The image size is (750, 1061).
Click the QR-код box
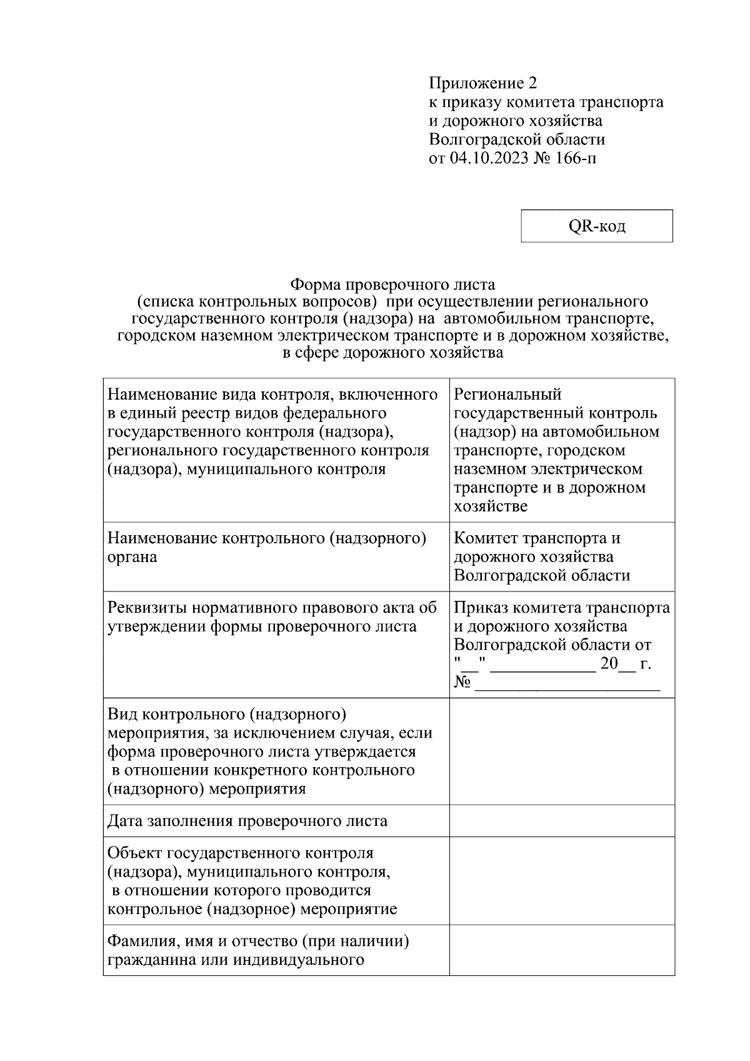pyautogui.click(x=596, y=226)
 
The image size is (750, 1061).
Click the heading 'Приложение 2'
pyautogui.click(x=482, y=83)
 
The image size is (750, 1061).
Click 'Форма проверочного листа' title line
pyautogui.click(x=392, y=285)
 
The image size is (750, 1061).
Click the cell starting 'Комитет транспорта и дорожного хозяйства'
pyautogui.click(x=561, y=556)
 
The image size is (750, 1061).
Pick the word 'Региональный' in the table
pyautogui.click(x=507, y=395)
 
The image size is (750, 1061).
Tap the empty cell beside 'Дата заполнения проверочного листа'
pyautogui.click(x=561, y=820)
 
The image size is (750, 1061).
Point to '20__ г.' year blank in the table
pyautogui.click(x=625, y=664)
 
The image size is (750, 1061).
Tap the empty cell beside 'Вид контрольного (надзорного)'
pyautogui.click(x=561, y=751)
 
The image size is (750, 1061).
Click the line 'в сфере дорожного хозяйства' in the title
pyautogui.click(x=392, y=353)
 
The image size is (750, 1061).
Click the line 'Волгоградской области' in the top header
pyautogui.click(x=517, y=139)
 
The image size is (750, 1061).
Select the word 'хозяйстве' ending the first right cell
pyautogui.click(x=491, y=506)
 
